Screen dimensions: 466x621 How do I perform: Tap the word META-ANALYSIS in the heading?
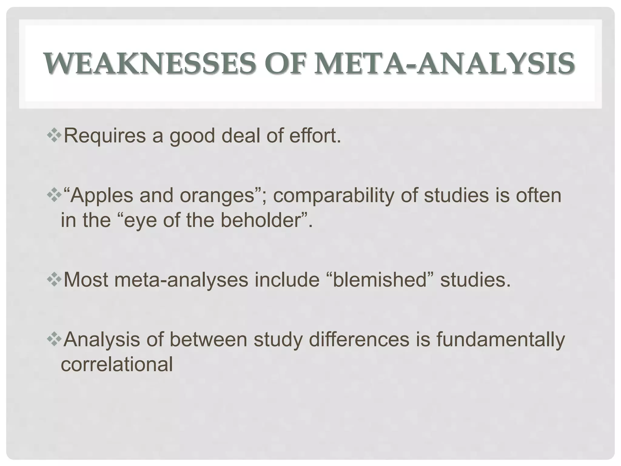[444, 64]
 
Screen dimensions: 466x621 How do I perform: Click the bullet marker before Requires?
[54, 136]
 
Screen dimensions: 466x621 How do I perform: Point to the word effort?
[315, 136]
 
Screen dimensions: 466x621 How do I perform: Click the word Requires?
[105, 136]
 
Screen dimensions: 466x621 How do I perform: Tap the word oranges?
[217, 196]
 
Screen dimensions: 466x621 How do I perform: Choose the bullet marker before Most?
[54, 279]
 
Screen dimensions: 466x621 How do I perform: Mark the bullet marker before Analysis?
[54, 339]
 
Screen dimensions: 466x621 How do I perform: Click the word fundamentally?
[500, 340]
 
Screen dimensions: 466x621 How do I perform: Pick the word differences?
[359, 339]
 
